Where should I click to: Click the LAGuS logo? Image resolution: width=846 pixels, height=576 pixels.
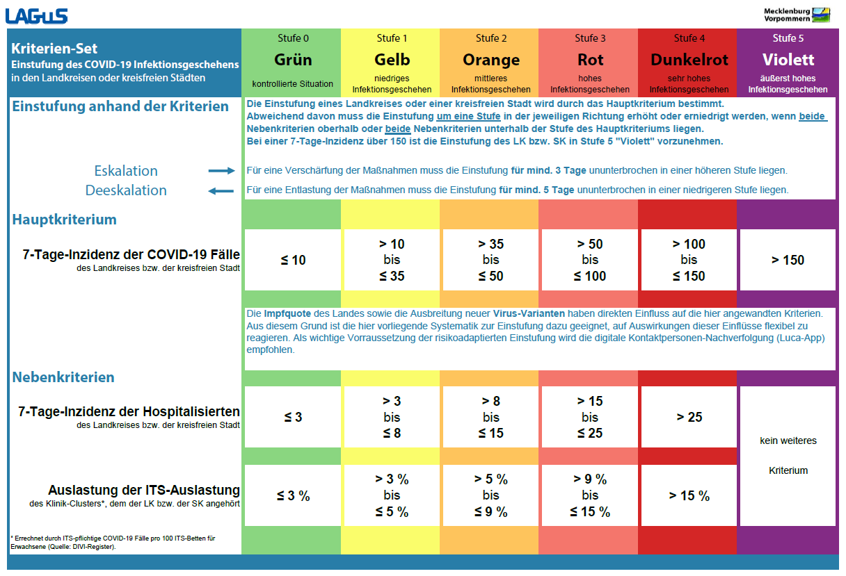click(38, 14)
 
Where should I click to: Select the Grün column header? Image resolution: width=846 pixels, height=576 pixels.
click(292, 60)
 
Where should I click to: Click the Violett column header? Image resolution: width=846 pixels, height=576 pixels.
click(788, 60)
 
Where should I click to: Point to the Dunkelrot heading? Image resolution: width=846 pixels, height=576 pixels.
click(687, 60)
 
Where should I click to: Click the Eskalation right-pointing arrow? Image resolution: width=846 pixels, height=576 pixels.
click(222, 171)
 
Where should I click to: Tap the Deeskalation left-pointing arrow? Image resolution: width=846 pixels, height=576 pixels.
click(222, 190)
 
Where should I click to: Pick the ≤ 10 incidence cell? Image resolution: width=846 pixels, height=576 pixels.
click(293, 261)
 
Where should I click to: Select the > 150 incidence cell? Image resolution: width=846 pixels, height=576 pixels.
click(788, 261)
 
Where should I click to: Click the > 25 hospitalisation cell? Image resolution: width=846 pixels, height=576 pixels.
click(689, 418)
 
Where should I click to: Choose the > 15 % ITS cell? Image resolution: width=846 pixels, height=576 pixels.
click(689, 496)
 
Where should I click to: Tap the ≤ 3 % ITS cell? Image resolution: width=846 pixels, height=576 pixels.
click(293, 496)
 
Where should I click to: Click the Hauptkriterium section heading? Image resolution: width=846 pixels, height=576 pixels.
click(65, 220)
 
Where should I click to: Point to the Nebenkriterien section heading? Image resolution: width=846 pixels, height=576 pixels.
click(63, 377)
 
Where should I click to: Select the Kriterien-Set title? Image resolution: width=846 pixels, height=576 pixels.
click(54, 49)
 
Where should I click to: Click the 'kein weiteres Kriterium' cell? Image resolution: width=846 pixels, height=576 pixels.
click(788, 456)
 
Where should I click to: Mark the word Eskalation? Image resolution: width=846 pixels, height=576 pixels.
click(126, 171)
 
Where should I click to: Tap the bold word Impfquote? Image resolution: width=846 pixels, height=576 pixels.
click(287, 314)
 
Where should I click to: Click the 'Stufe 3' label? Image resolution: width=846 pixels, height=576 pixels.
click(590, 38)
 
